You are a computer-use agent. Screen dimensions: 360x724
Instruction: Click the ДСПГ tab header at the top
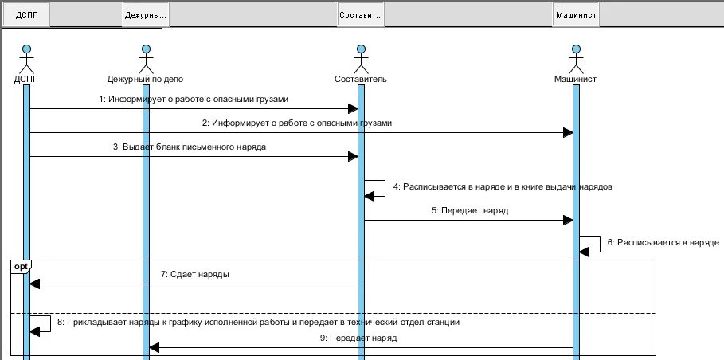point(25,14)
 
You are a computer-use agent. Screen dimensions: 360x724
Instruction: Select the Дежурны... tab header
point(146,14)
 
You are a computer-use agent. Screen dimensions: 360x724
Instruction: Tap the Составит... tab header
point(361,14)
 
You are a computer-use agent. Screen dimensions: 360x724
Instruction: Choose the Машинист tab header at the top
point(576,14)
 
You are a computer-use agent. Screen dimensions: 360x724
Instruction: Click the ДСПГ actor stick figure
point(25,61)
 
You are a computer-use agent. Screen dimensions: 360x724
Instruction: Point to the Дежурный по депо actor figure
point(145,61)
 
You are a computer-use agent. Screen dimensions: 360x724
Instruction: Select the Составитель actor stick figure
point(361,61)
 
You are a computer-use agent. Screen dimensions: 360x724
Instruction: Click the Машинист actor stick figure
point(576,61)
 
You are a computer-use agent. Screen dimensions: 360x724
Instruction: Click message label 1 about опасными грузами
point(194,100)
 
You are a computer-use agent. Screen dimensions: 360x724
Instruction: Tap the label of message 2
point(297,123)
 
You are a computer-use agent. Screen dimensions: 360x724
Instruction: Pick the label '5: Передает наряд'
point(470,211)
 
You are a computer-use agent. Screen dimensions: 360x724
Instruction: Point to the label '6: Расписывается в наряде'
point(663,242)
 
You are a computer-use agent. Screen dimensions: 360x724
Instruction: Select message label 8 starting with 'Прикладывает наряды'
point(258,323)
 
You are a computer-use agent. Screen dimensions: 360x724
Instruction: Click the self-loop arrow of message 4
point(376,188)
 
